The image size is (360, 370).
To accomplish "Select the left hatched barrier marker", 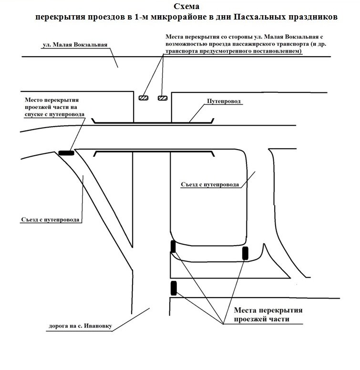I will pyautogui.click(x=144, y=98).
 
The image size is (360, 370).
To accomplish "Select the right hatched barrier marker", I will pyautogui.click(x=163, y=98).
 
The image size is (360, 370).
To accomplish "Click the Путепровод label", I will pyautogui.click(x=224, y=102).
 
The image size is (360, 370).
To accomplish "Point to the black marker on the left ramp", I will pyautogui.click(x=67, y=153).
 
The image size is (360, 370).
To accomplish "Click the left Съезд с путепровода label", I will pyautogui.click(x=51, y=220).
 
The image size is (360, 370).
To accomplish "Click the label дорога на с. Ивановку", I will pyautogui.click(x=80, y=327).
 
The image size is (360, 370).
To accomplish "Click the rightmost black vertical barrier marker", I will pyautogui.click(x=246, y=253).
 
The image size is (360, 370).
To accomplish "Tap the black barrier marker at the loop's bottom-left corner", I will pyautogui.click(x=173, y=247).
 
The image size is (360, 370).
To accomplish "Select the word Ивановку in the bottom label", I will pyautogui.click(x=97, y=327).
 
